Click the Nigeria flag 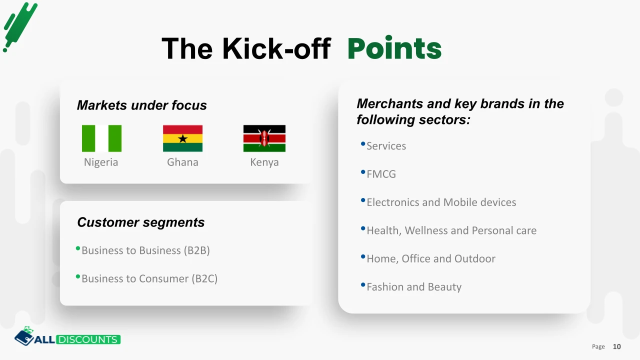tap(101, 138)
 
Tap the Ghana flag tap(183, 138)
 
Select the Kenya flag tap(264, 138)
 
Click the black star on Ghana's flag tap(183, 139)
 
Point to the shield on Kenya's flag tap(264, 138)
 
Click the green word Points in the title tap(394, 48)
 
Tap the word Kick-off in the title tap(276, 48)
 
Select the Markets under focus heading tap(141, 105)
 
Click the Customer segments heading tap(141, 222)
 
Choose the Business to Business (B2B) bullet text tap(145, 250)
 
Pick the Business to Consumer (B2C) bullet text tap(149, 278)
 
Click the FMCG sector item tap(381, 174)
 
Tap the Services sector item tap(386, 145)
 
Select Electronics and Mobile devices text tap(441, 202)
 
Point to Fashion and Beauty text tap(414, 287)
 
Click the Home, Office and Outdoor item tap(431, 258)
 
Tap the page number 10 tap(617, 346)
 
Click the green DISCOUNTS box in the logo tap(88, 339)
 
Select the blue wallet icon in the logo tap(24, 337)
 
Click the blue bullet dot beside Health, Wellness tap(363, 228)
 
